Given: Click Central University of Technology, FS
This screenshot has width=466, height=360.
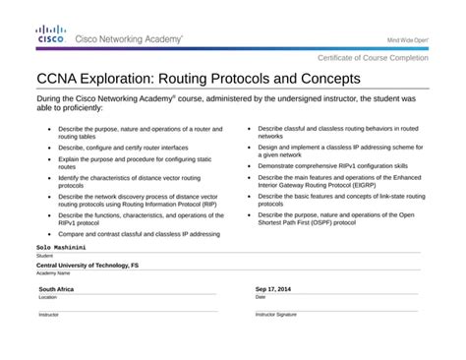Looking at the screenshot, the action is click(87, 266).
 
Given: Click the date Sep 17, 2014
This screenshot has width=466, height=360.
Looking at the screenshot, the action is click(274, 289).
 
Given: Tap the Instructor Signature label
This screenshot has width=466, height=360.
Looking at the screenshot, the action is click(276, 314).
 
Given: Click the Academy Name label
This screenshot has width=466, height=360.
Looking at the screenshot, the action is click(54, 273).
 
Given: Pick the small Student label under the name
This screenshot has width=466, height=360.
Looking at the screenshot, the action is click(44, 255).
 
